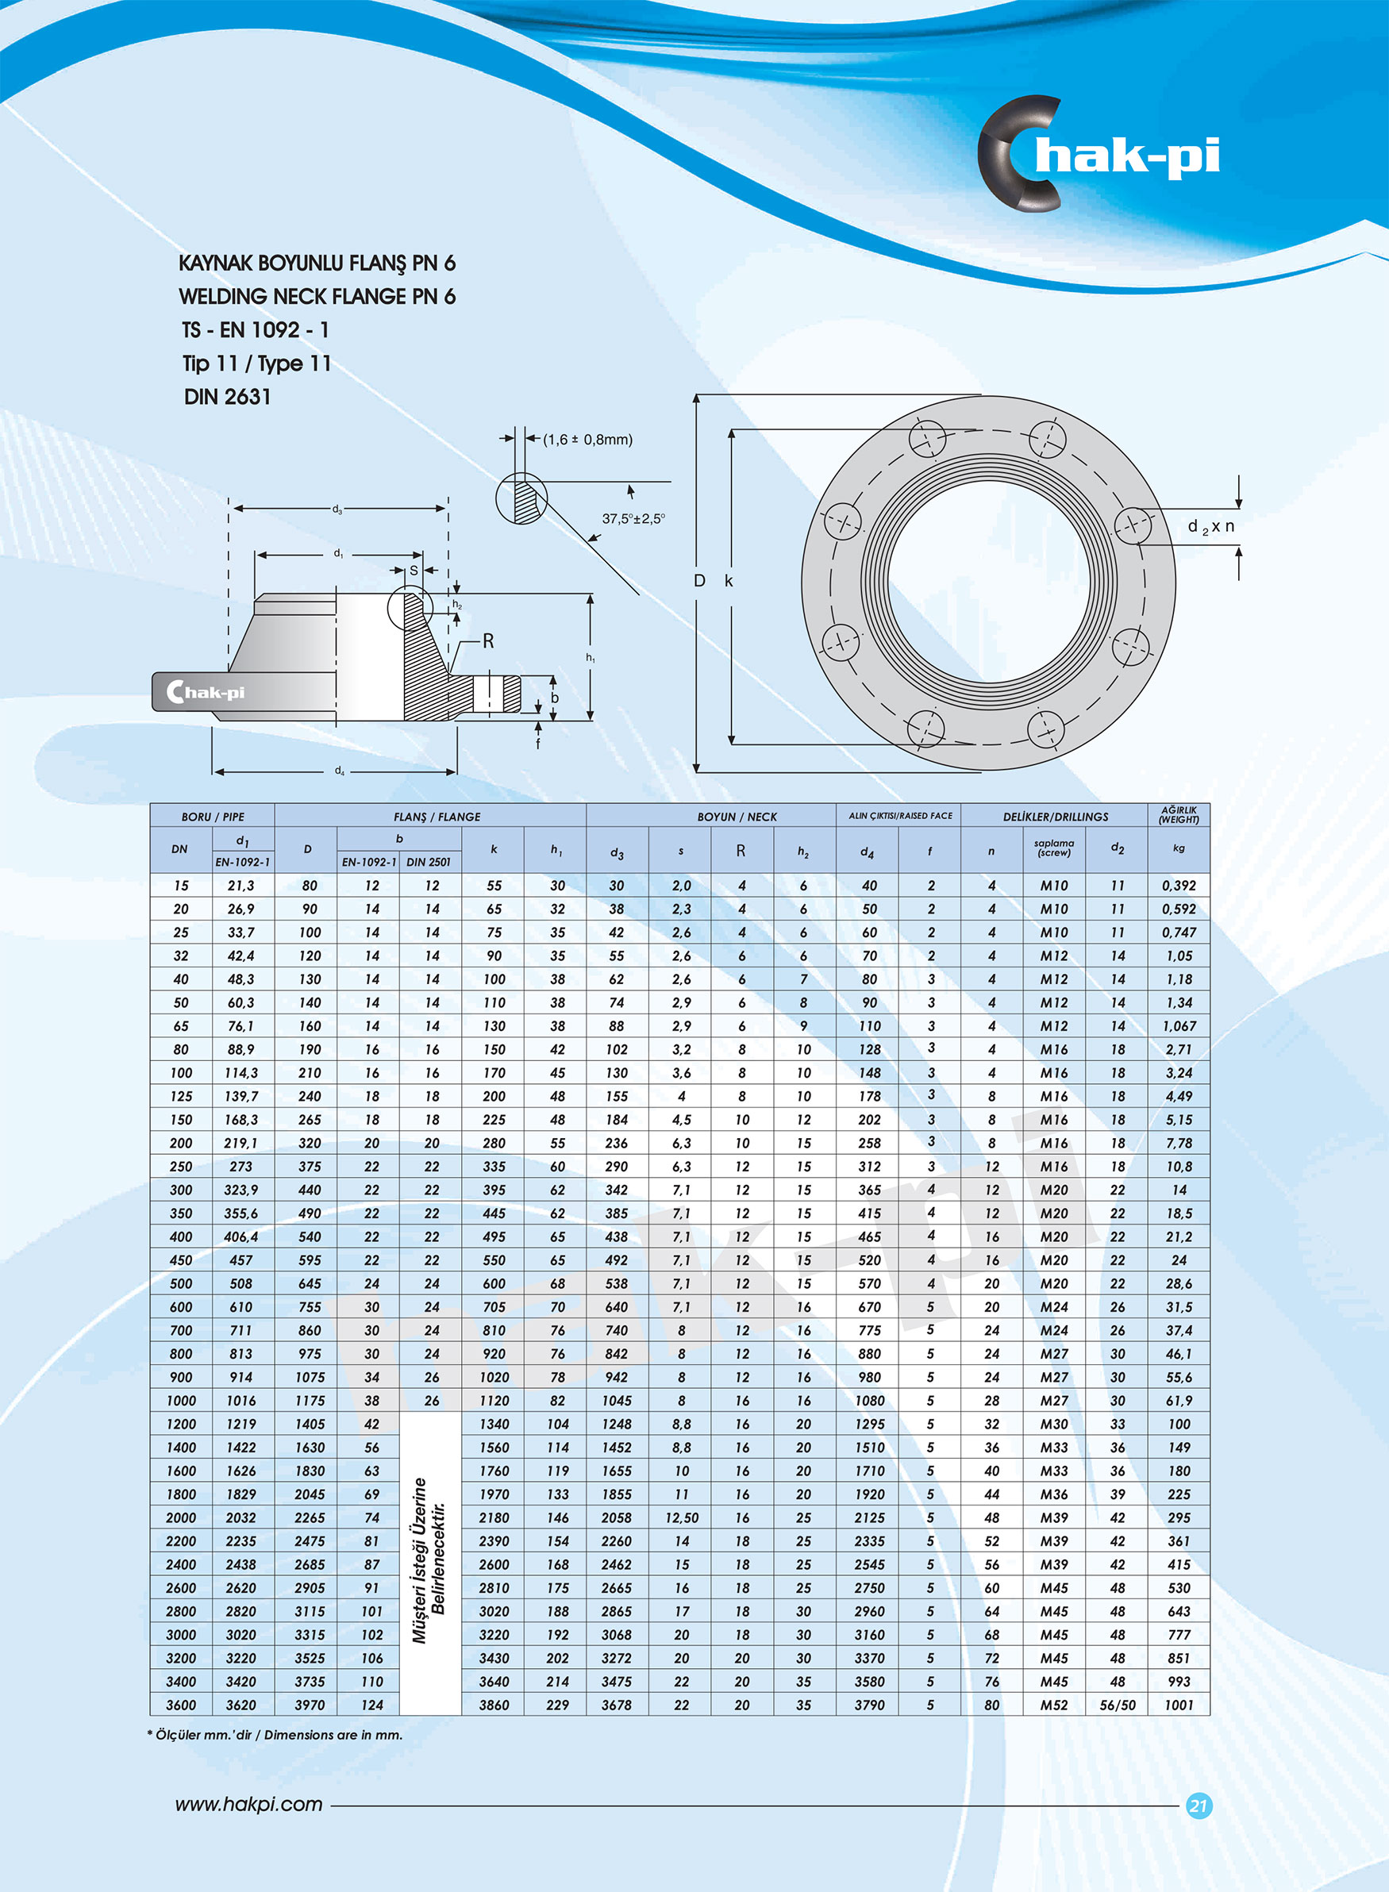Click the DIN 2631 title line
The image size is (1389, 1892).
pos(227,397)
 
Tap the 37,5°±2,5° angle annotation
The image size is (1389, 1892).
pos(633,518)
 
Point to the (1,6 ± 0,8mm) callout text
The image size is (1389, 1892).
pos(587,440)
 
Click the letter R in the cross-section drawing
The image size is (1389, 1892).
pos(487,641)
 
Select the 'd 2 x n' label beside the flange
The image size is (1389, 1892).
pos(1210,527)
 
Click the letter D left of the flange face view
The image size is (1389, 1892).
pos(698,581)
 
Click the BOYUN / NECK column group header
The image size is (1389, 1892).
pos(737,816)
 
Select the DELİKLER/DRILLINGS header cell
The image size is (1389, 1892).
pos(1054,816)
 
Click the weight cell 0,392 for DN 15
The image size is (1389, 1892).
pos(1178,885)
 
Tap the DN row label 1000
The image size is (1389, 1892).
pos(181,1400)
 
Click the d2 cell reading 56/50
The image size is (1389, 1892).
pos(1117,1705)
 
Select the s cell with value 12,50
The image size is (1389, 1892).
pos(681,1517)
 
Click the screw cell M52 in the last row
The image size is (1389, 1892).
pos(1053,1705)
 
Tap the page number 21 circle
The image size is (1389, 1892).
pos(1199,1805)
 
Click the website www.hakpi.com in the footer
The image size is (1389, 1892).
pos(249,1805)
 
